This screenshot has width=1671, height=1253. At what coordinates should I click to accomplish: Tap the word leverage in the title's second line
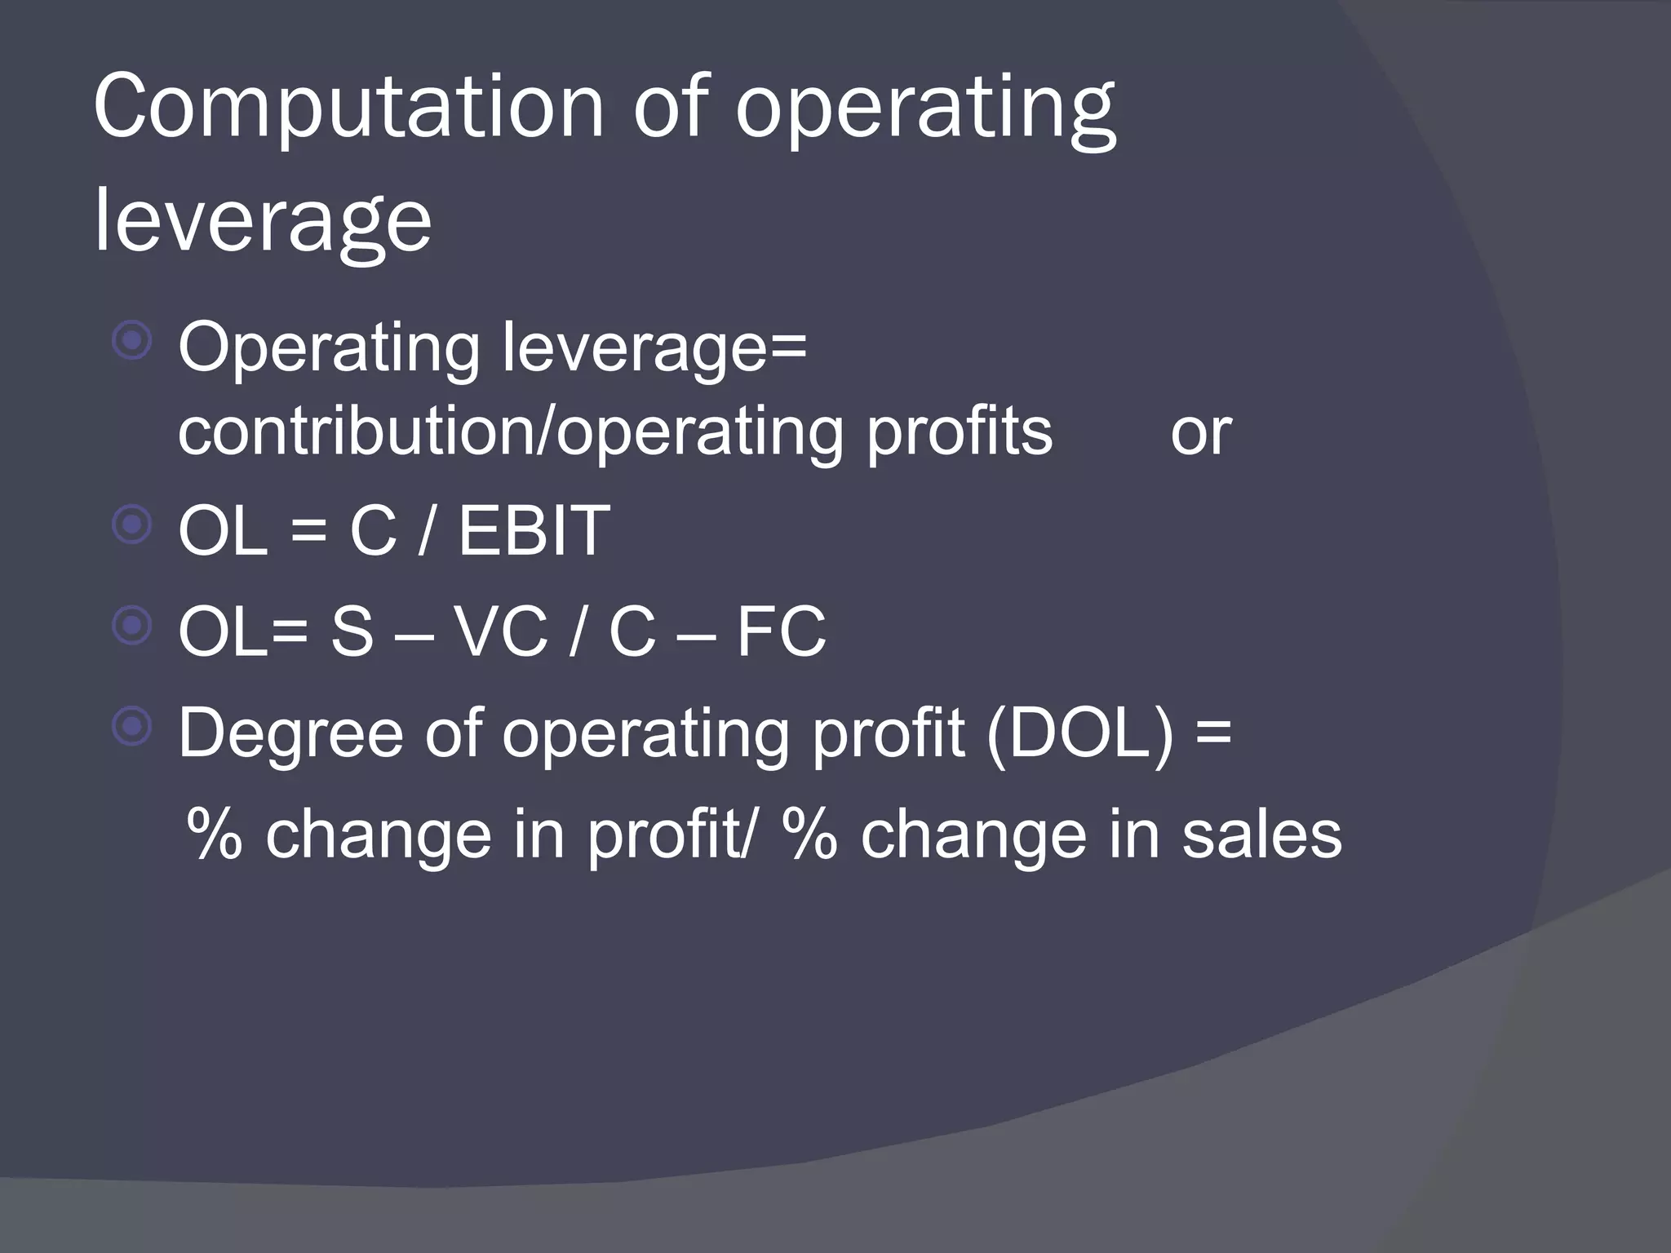point(263,219)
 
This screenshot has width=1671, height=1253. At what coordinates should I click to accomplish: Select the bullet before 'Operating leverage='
point(132,341)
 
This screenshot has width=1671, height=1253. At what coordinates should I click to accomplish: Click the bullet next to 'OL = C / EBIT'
point(132,525)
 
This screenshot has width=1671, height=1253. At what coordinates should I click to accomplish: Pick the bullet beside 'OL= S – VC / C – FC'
point(132,626)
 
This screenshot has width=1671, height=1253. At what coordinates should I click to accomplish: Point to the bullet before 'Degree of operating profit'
point(132,726)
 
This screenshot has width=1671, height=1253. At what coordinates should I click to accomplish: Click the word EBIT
point(534,531)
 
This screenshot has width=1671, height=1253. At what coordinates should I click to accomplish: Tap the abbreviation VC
point(500,631)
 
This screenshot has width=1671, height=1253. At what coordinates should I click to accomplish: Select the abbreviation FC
point(781,631)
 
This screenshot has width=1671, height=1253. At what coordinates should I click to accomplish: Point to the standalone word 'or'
point(1200,432)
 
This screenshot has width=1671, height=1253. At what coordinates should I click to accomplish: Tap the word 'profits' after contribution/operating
point(959,432)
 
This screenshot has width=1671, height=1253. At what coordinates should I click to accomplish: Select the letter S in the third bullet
point(352,631)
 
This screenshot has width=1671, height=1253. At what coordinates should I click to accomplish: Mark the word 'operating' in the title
point(925,110)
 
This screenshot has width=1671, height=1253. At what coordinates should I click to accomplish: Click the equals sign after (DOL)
point(1213,732)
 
